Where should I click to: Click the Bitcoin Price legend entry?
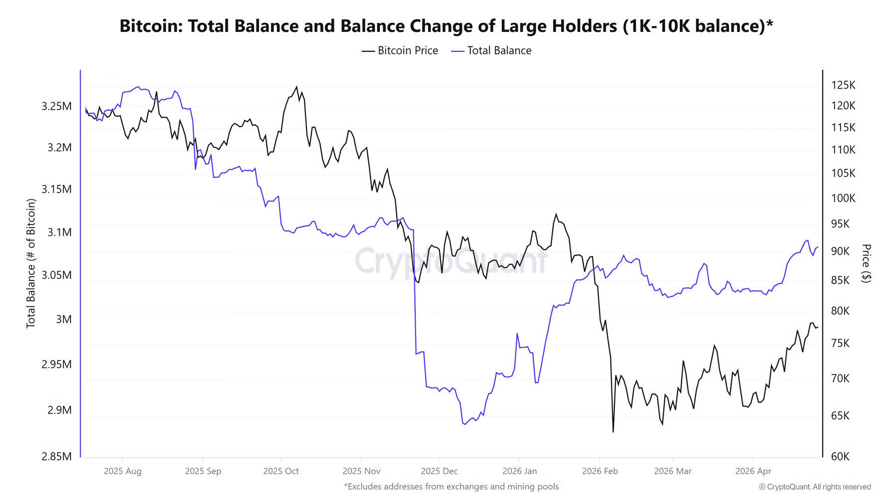pyautogui.click(x=400, y=51)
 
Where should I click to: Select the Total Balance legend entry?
pyautogui.click(x=491, y=51)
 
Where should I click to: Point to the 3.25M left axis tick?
pyautogui.click(x=56, y=106)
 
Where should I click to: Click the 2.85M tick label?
pyautogui.click(x=56, y=456)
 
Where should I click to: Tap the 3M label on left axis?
pyautogui.click(x=63, y=319)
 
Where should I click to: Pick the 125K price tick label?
pyautogui.click(x=843, y=85)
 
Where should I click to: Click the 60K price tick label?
pyautogui.click(x=840, y=456)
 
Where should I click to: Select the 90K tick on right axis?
pyautogui.click(x=840, y=251)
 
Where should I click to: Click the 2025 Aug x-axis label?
pyautogui.click(x=123, y=471)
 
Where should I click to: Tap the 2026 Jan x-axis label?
pyautogui.click(x=519, y=471)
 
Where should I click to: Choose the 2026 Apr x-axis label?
pyautogui.click(x=753, y=471)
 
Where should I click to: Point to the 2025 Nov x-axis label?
pyautogui.click(x=361, y=471)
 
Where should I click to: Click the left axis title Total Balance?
pyautogui.click(x=31, y=263)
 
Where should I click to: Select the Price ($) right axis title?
pyautogui.click(x=867, y=263)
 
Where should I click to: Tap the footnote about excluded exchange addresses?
pyautogui.click(x=451, y=487)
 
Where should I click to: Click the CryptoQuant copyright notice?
pyautogui.click(x=815, y=487)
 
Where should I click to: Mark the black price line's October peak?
pyautogui.click(x=297, y=87)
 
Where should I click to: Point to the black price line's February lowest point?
pyautogui.click(x=613, y=431)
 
